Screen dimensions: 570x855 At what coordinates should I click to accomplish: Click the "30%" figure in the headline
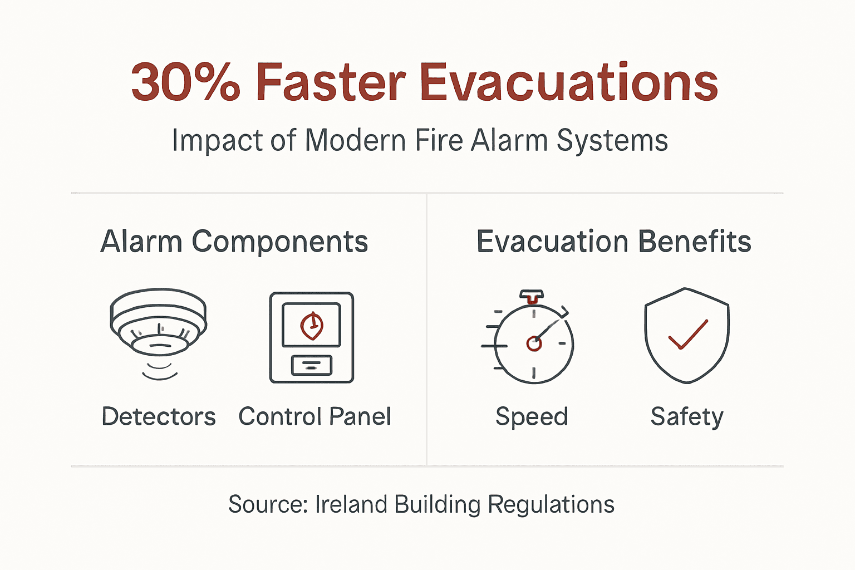pos(185,82)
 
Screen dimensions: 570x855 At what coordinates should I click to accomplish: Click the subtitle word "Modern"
pos(355,140)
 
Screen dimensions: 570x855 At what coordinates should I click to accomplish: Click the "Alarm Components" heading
pos(234,242)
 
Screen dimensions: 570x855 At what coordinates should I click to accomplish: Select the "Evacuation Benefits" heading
pos(614,242)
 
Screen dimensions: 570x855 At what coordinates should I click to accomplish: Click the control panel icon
pos(312,337)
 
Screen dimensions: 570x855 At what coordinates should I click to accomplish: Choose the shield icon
pos(687,336)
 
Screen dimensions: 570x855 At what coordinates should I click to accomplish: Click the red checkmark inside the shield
pos(688,335)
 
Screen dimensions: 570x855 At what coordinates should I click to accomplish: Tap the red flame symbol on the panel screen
pos(312,326)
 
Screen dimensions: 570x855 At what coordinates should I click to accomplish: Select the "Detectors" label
pos(159,417)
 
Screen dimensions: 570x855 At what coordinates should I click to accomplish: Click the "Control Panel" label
pos(315,417)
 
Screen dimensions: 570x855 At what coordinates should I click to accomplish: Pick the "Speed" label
pos(532,417)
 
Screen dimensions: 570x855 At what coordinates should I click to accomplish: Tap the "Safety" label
pos(687,417)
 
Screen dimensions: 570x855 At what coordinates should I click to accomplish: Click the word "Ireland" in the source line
pos(351,505)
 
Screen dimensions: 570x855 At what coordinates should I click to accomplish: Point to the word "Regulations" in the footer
pos(551,505)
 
